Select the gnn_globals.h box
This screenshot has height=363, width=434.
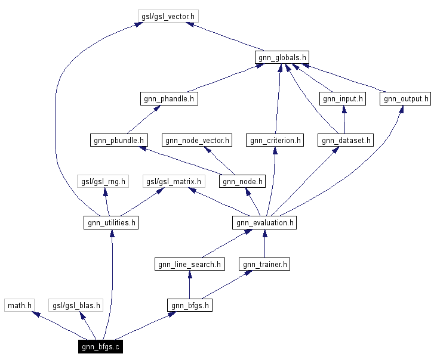[x=282, y=58]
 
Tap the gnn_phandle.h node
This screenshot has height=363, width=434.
[x=170, y=99]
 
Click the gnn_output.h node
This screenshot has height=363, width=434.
[x=405, y=99]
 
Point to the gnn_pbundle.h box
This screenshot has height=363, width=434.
[x=119, y=140]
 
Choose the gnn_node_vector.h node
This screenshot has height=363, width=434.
[x=198, y=140]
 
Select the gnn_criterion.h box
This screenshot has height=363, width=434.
[x=275, y=140]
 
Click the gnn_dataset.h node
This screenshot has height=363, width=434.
[x=346, y=140]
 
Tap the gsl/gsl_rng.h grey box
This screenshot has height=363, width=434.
[x=103, y=181]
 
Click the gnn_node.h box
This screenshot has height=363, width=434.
[x=242, y=181]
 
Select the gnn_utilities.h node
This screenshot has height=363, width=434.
[x=111, y=223]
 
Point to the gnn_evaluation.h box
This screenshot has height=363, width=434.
[x=264, y=223]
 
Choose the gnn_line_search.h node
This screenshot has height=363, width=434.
[x=189, y=264]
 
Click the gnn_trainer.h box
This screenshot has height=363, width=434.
[x=264, y=264]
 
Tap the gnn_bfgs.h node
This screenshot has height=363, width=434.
[x=190, y=305]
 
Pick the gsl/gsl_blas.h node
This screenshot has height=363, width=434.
[x=76, y=305]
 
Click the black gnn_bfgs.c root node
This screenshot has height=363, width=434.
[x=100, y=346]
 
